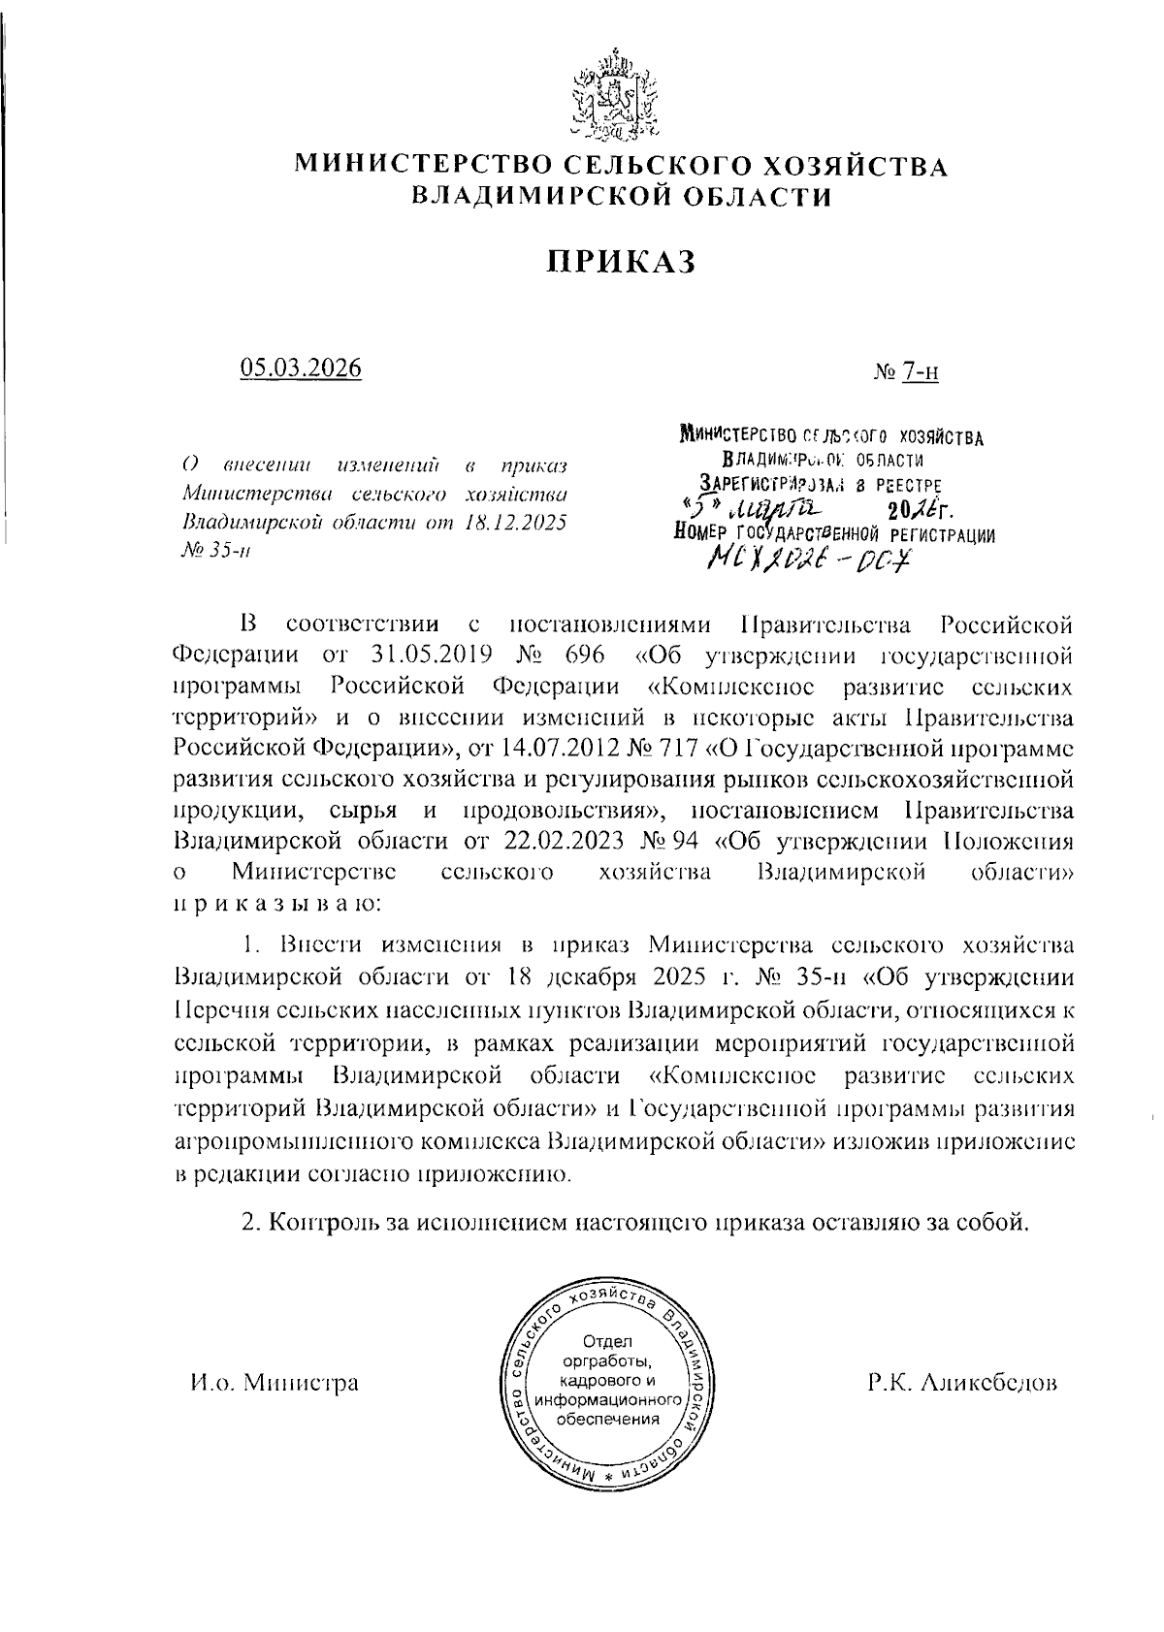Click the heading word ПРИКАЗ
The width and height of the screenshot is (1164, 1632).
point(621,262)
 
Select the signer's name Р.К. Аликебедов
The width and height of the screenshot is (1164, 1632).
point(961,1383)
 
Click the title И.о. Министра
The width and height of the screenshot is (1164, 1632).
point(274,1383)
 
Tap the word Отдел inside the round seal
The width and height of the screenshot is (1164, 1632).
point(606,1342)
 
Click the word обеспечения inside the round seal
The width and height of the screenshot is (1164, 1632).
point(606,1419)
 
